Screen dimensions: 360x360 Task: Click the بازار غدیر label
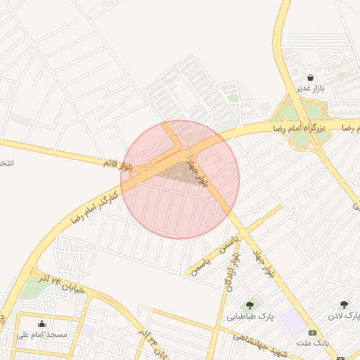click(x=310, y=89)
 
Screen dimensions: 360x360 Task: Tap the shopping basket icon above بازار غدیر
click(x=310, y=77)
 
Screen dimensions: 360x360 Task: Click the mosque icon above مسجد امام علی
click(x=42, y=323)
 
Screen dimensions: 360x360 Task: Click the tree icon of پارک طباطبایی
click(x=250, y=306)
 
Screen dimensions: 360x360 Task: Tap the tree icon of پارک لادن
click(x=344, y=304)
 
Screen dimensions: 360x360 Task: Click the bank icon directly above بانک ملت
click(x=313, y=332)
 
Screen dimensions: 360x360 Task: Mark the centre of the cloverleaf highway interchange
click(x=301, y=123)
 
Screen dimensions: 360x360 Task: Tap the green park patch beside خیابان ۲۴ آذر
click(x=30, y=288)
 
